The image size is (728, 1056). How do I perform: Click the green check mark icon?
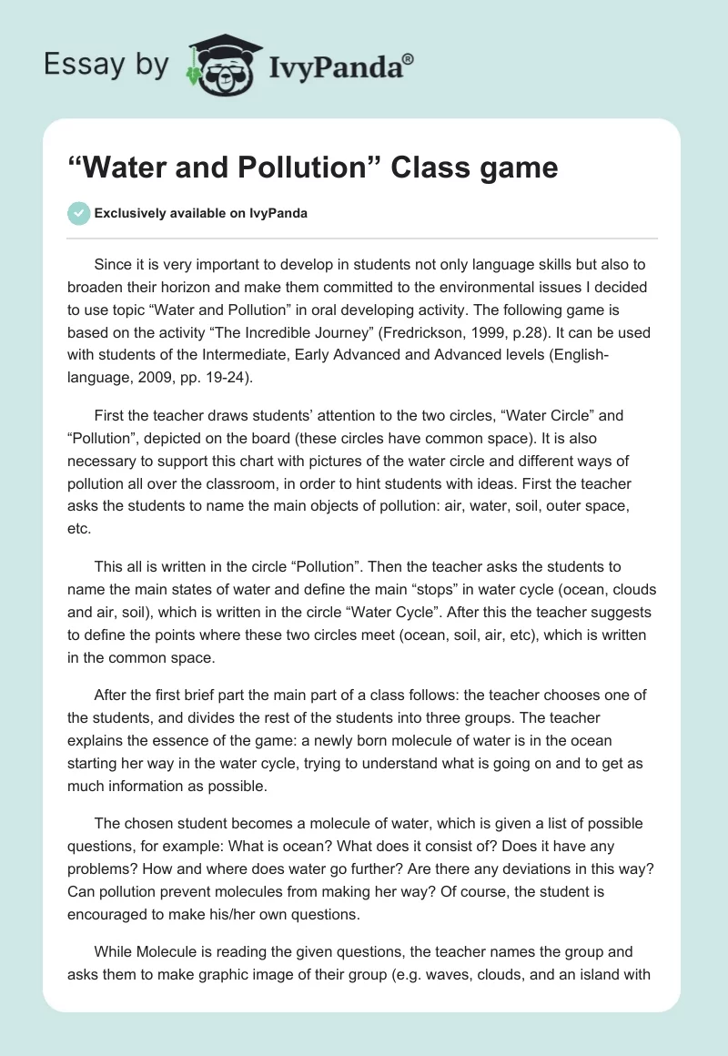(x=78, y=213)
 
